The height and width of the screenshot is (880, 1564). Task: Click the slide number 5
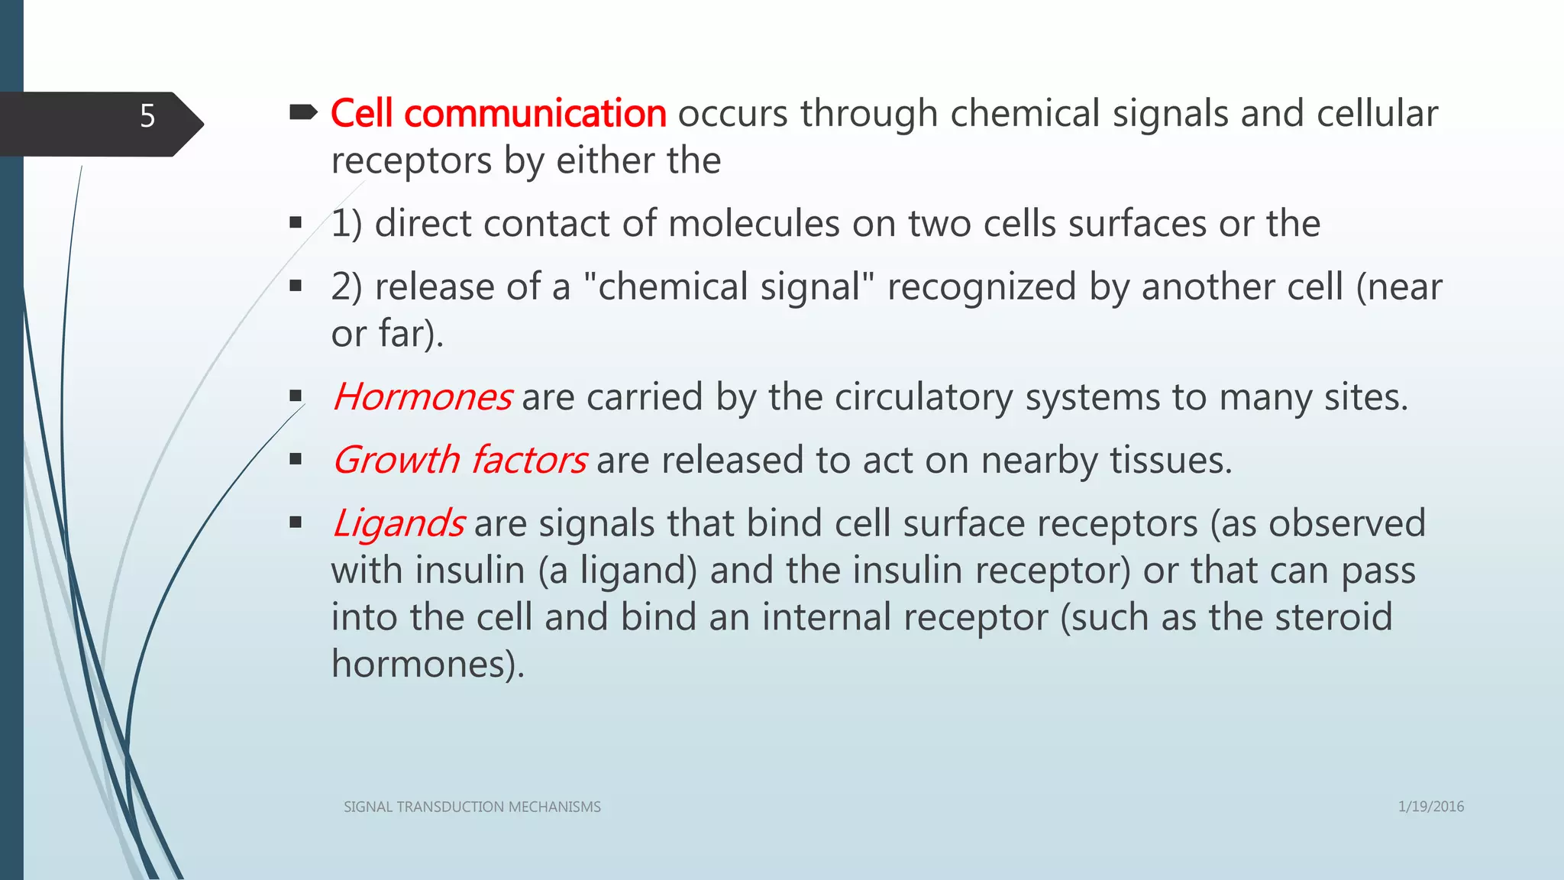click(x=147, y=116)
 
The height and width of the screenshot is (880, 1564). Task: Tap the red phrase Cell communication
click(x=499, y=114)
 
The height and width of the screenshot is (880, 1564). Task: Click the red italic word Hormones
click(x=422, y=397)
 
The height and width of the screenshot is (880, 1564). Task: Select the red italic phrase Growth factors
click(x=460, y=461)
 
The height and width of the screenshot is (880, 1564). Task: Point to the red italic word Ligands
click(x=399, y=524)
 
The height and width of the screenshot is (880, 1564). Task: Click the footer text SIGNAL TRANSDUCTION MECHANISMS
click(x=472, y=807)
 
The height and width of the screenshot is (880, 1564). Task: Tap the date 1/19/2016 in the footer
click(x=1430, y=806)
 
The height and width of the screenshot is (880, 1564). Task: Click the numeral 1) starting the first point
click(x=346, y=224)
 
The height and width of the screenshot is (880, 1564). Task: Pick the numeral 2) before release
click(x=346, y=287)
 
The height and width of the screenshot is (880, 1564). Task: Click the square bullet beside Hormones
click(x=296, y=396)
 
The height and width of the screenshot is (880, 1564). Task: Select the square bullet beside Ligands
click(x=296, y=522)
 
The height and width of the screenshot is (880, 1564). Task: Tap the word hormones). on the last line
click(x=428, y=664)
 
